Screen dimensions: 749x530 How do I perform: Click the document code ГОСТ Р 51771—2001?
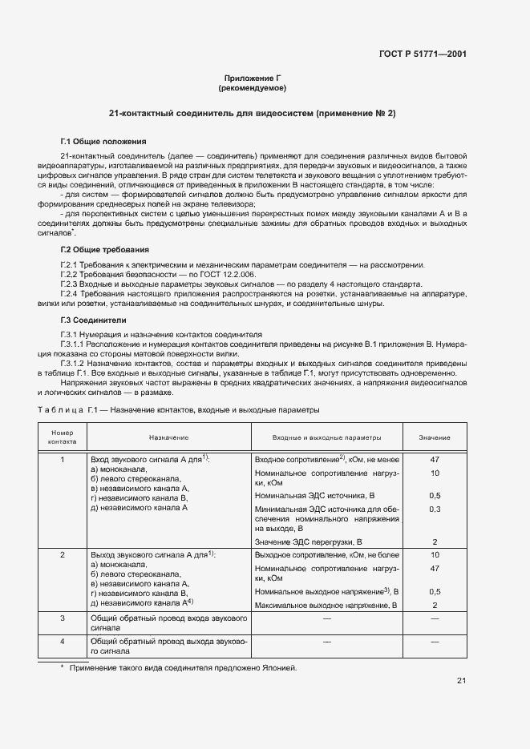point(423,54)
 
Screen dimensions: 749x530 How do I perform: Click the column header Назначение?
point(168,437)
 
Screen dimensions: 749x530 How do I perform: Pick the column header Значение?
point(434,437)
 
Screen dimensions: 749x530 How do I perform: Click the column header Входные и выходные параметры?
point(326,437)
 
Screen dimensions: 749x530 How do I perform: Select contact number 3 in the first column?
point(62,618)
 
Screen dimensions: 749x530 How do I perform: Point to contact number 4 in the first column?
point(62,642)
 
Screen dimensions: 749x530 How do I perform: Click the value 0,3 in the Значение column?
point(435,509)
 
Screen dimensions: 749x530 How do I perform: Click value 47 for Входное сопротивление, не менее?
point(435,460)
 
